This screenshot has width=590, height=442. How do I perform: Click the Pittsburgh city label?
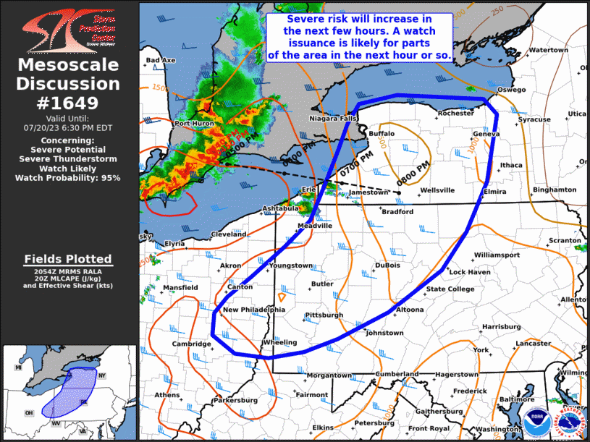point(324,315)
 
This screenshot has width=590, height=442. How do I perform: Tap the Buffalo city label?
point(382,134)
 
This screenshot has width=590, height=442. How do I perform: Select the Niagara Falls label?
point(333,118)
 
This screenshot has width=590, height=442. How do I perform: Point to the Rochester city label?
point(456,113)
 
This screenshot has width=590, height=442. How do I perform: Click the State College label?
point(450,289)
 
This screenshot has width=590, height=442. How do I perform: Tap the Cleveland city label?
point(229,234)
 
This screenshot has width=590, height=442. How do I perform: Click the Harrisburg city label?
point(501,327)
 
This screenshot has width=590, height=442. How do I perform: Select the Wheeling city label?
point(280,342)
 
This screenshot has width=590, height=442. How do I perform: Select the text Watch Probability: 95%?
point(69,177)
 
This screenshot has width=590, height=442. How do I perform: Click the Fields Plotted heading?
point(68,259)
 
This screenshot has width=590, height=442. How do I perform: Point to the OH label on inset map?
point(30,413)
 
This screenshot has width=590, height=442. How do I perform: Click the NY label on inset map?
point(102,375)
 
